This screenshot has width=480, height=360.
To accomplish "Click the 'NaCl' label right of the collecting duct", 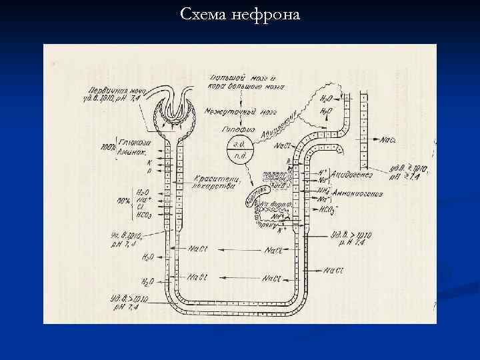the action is click(389, 140).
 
